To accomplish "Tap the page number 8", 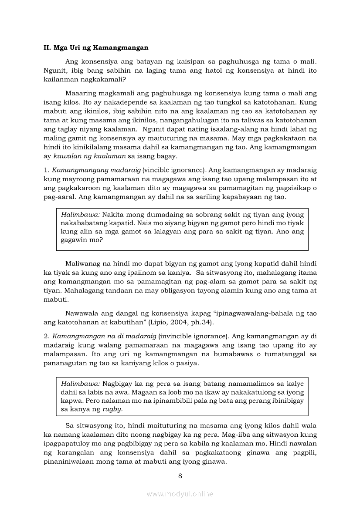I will tap(180, 475).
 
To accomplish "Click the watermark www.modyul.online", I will tap(180, 494).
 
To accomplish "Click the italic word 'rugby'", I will tap(112, 409).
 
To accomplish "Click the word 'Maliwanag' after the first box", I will tap(82, 264).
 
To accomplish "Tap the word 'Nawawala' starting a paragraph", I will tap(82, 313).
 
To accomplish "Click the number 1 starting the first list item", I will tap(45, 169).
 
